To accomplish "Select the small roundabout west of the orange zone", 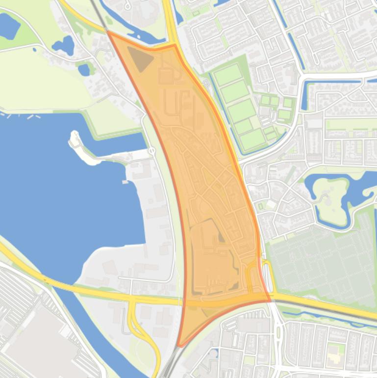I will click(151, 151).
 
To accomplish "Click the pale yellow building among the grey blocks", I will click(334, 354).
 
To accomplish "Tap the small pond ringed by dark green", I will click(84, 69).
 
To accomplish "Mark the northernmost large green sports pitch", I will click(228, 75).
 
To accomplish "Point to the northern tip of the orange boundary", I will click(108, 32).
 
